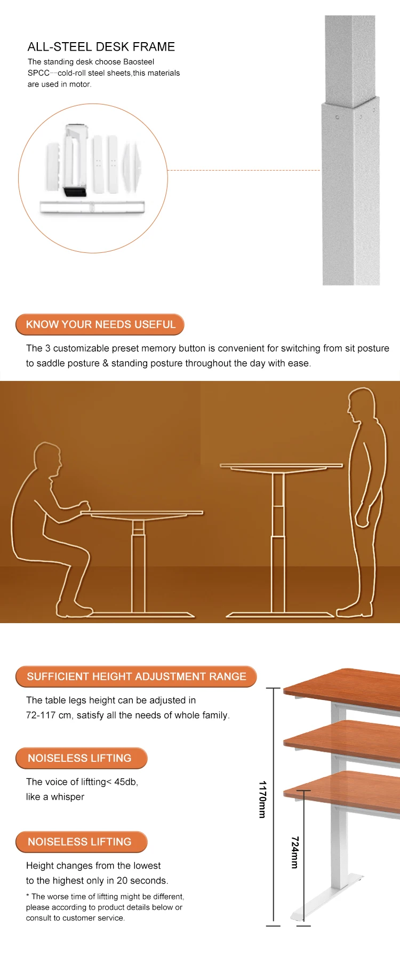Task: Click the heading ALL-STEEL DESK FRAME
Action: (101, 46)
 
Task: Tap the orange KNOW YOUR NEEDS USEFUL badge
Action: (100, 324)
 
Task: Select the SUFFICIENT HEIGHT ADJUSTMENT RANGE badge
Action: (136, 676)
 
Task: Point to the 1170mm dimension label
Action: (262, 799)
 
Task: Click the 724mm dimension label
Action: (294, 853)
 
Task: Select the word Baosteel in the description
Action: (139, 62)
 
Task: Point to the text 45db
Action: (126, 782)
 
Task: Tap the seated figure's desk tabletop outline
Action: (142, 513)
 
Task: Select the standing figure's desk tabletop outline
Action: (282, 466)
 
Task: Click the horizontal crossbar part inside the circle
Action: (92, 207)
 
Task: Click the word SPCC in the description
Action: (38, 73)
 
